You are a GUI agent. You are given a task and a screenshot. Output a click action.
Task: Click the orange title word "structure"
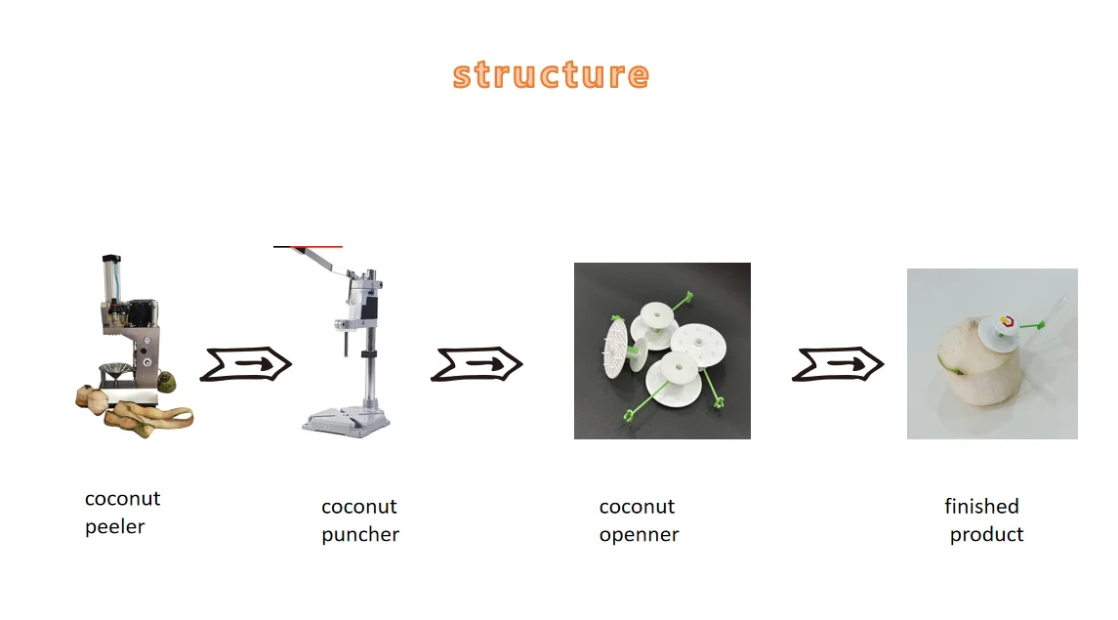pos(551,75)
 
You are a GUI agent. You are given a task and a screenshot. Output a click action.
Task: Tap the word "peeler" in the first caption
pos(114,527)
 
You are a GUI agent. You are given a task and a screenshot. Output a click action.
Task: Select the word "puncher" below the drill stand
pos(360,535)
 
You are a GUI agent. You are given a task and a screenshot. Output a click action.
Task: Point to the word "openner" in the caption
pos(639,535)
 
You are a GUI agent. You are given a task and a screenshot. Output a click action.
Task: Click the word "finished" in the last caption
pos(981,507)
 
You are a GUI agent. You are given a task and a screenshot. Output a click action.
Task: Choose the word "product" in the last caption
pos(986,535)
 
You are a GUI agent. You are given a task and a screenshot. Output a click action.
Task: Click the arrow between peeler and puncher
pos(246,364)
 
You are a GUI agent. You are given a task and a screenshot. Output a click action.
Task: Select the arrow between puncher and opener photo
pos(476,364)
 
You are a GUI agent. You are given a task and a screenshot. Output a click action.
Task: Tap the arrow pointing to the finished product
pos(838,364)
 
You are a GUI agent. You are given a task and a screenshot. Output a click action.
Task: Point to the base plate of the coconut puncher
pos(346,421)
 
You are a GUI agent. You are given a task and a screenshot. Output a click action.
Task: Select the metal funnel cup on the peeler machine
pos(116,372)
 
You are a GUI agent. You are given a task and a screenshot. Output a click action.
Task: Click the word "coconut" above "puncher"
pos(359,507)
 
